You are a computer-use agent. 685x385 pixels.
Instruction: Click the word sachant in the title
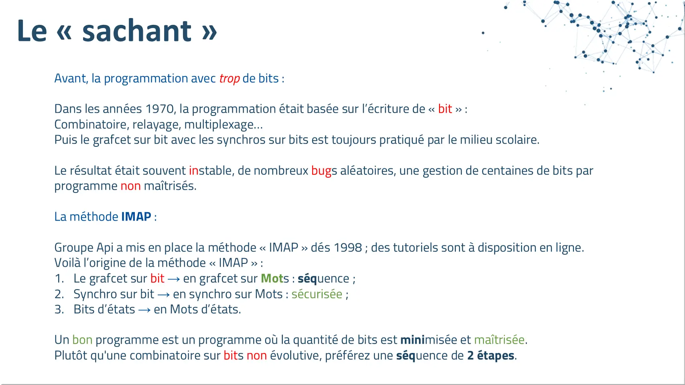(137, 30)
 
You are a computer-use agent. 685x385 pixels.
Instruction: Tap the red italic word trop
(230, 79)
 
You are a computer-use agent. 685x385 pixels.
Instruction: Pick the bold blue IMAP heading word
(136, 217)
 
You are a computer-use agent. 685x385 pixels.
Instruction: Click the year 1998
(348, 247)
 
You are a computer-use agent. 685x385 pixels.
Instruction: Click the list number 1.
(59, 279)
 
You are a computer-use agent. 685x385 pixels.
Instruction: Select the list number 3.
(59, 310)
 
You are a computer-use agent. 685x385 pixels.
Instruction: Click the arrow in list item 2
(164, 295)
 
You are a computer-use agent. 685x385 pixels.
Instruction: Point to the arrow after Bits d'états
(144, 310)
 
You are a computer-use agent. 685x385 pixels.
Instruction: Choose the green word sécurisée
(317, 294)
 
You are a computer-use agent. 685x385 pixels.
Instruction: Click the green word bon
(82, 340)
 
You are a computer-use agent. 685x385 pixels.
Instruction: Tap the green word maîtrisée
(499, 340)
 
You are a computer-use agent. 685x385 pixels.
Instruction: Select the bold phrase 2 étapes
(491, 356)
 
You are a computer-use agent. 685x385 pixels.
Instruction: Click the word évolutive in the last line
(295, 356)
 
